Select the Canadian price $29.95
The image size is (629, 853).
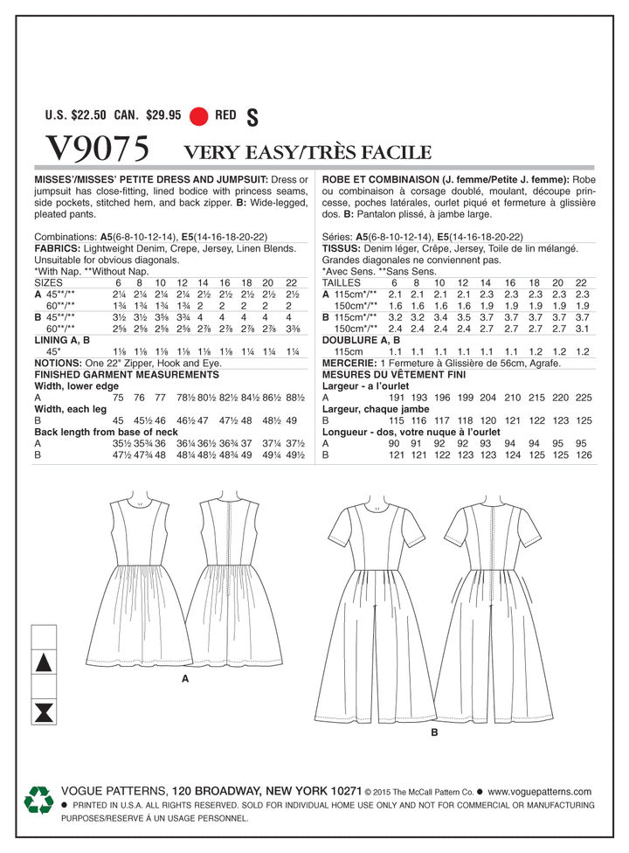162,114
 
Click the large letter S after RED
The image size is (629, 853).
254,114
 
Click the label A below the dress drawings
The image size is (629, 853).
185,677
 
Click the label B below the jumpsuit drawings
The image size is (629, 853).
434,735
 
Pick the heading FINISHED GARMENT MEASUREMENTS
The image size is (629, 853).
126,373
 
